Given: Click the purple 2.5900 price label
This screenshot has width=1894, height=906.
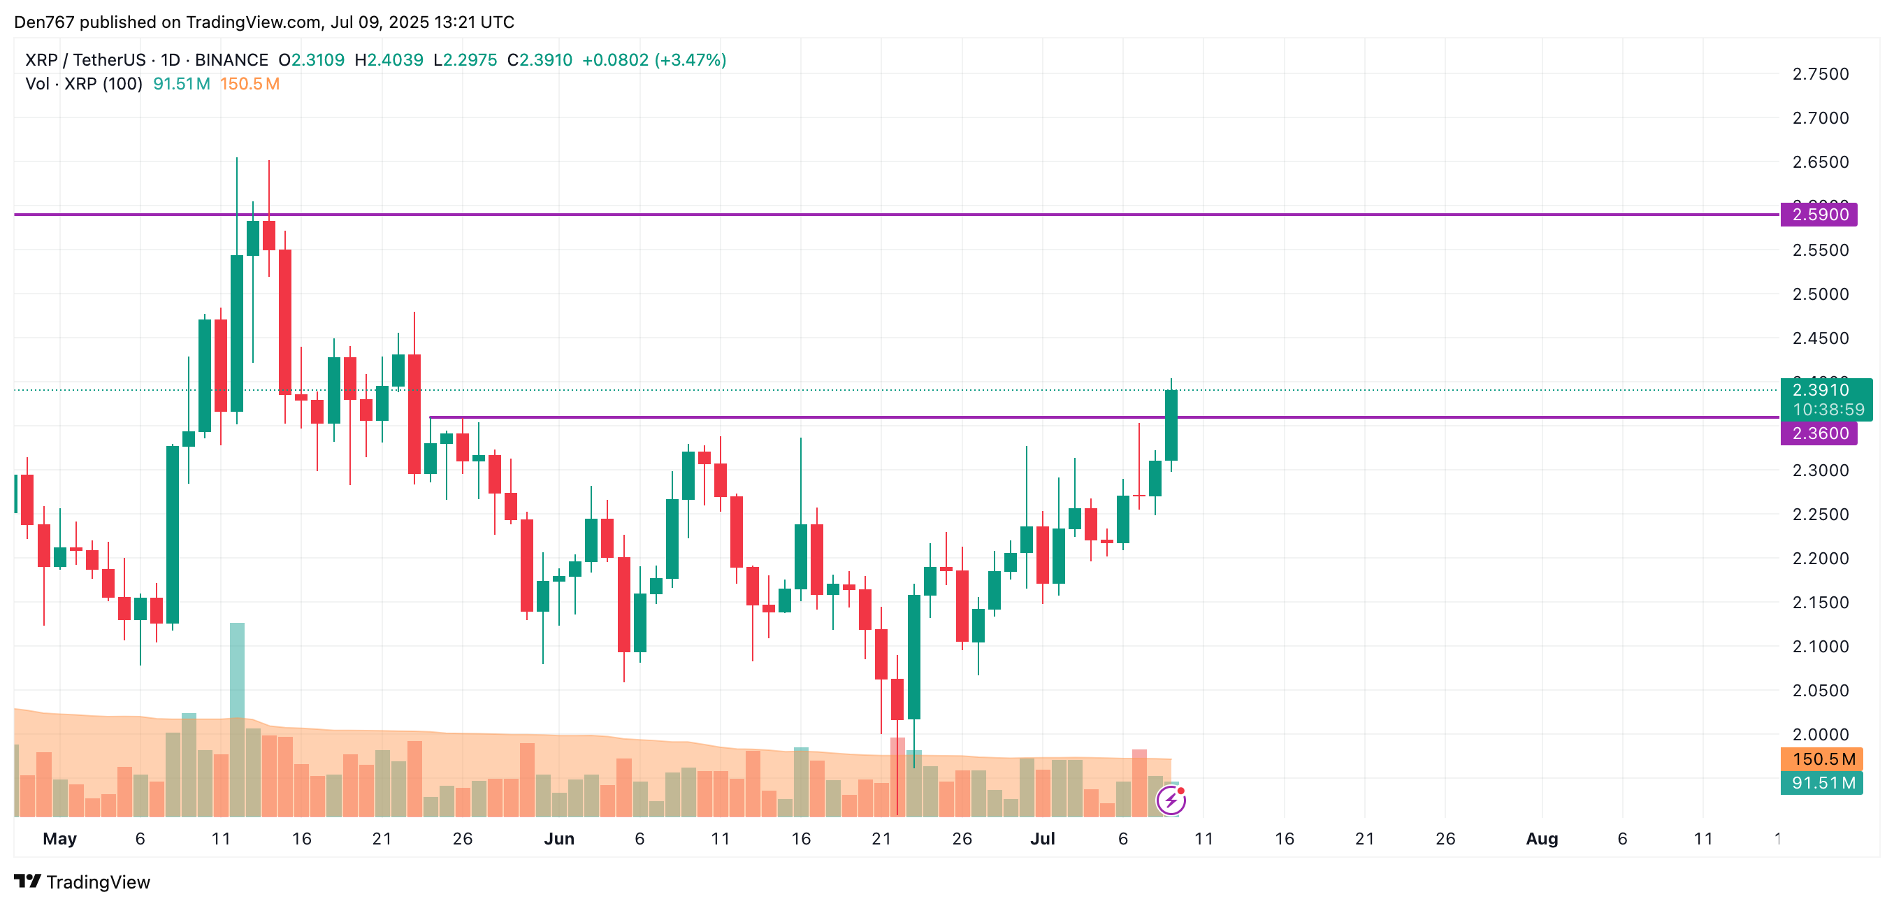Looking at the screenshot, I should (x=1819, y=215).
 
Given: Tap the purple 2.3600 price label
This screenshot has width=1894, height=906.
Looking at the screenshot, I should (x=1819, y=433).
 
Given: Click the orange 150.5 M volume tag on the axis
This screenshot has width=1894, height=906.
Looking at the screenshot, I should (x=1823, y=759).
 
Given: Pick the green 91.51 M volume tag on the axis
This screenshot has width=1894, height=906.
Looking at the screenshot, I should (x=1821, y=783).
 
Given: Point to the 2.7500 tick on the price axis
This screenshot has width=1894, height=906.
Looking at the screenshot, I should (x=1820, y=74).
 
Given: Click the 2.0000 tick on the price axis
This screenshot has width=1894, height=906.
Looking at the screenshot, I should (x=1820, y=734).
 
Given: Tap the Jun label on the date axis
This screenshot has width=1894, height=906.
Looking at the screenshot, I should (x=559, y=838).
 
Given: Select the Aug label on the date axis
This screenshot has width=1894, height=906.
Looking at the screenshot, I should (x=1541, y=838).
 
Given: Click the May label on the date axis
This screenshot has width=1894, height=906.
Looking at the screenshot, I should (x=59, y=838).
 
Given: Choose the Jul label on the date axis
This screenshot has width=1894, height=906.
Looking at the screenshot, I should (x=1042, y=838).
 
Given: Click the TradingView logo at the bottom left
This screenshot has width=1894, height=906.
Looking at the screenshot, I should (x=82, y=882).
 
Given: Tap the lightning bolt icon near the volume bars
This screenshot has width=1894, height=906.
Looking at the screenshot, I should (x=1171, y=800).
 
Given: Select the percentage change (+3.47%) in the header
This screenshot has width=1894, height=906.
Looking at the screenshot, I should (x=690, y=60).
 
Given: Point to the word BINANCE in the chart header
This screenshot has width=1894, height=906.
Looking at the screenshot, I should (x=231, y=60).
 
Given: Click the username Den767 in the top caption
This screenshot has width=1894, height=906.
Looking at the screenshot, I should (x=44, y=22).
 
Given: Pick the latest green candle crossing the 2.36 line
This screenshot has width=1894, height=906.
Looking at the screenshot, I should (x=1171, y=425).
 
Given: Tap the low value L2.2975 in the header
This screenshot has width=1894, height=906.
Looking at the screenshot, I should (x=465, y=60).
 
